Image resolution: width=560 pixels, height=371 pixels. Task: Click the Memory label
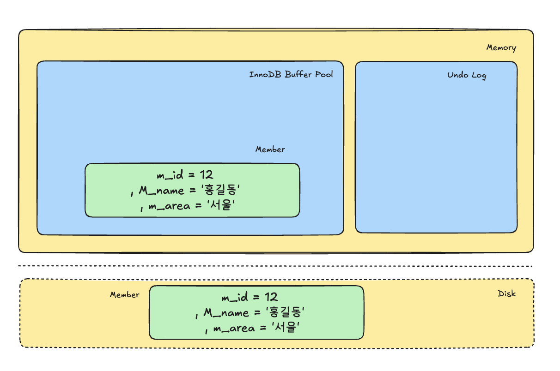point(501,48)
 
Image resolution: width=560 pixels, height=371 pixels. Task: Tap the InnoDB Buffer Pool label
point(291,74)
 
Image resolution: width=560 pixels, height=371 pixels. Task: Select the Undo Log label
point(467,75)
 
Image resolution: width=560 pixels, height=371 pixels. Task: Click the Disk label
point(506,293)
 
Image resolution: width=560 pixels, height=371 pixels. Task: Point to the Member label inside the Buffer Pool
point(270,150)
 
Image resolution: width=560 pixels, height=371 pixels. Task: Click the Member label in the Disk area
point(124,295)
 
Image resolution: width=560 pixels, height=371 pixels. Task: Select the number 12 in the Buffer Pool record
point(206,174)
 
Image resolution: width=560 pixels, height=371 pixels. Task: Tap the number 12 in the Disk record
point(271,297)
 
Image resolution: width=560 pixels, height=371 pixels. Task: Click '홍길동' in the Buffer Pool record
point(221,191)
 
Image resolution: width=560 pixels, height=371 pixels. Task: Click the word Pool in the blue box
point(323,74)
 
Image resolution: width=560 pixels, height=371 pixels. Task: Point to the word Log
point(478,75)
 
